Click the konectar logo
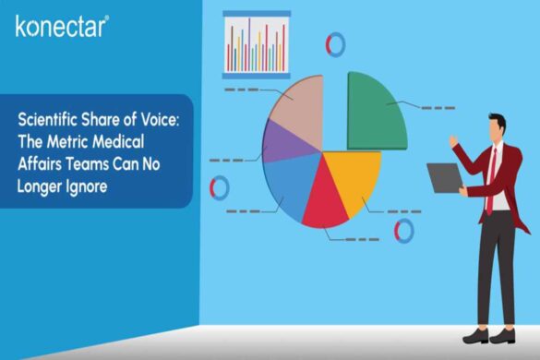click(x=62, y=25)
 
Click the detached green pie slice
click(x=374, y=108)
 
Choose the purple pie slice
click(x=281, y=144)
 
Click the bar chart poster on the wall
click(x=257, y=43)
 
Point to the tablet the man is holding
click(x=444, y=177)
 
